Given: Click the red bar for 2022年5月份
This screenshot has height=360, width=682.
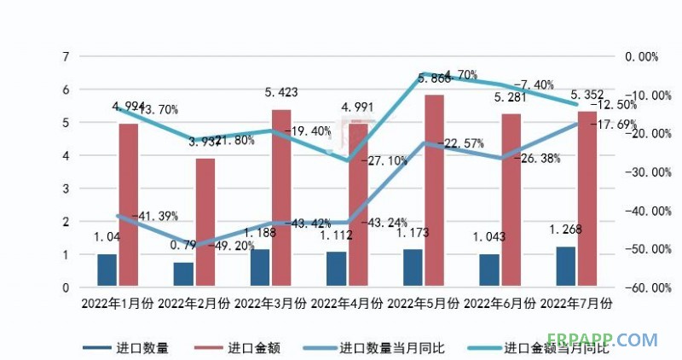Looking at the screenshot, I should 434,190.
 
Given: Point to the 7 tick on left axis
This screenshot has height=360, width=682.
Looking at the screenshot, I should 65,56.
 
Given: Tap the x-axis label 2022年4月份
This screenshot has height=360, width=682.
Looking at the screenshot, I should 347,304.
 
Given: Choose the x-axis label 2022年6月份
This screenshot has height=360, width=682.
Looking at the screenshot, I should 500,304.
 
